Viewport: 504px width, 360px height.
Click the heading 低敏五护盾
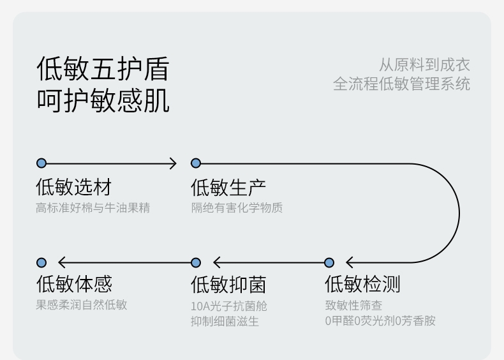point(103,68)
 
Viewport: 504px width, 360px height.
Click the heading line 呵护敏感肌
point(103,100)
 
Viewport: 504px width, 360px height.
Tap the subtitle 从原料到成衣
point(425,64)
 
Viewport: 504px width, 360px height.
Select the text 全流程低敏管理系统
point(401,84)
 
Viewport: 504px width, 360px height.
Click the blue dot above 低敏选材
point(41,163)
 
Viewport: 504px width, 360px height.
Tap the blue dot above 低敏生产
point(196,163)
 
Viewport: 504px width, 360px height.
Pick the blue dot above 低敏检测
point(329,262)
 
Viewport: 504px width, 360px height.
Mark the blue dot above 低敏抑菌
point(196,262)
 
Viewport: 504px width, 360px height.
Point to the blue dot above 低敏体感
point(41,262)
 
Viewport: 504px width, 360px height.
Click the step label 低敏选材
point(73,187)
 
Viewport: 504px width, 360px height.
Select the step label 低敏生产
point(228,187)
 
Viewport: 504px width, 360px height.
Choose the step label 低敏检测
point(362,284)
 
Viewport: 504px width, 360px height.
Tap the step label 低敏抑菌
point(228,285)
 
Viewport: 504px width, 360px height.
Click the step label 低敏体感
point(74,284)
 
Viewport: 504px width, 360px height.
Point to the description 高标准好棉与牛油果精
point(93,208)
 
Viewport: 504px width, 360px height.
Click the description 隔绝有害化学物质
point(237,208)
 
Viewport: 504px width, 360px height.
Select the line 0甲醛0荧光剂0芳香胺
point(380,321)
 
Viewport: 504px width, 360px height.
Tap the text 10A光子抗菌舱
point(229,306)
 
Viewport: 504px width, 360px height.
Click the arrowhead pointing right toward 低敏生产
point(174,163)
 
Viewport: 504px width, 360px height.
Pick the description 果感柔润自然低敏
point(81,304)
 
